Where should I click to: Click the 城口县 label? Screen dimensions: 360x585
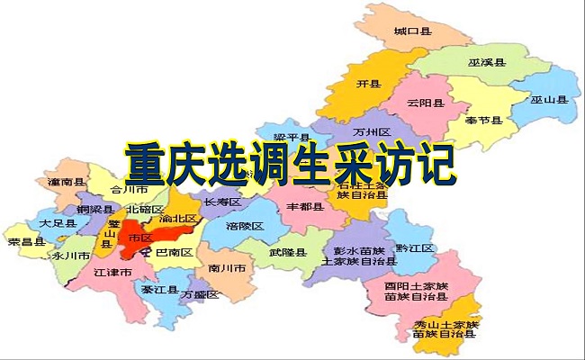coord(411,31)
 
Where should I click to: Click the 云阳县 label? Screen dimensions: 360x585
coord(425,103)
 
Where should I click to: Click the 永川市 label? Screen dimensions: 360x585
coord(69,256)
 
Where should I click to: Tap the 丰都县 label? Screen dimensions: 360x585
coord(305,206)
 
